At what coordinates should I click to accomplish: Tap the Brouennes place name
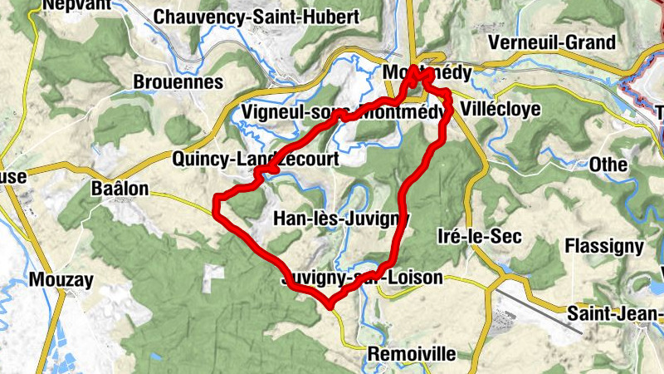pos(178,82)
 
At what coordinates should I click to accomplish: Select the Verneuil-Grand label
pos(564,42)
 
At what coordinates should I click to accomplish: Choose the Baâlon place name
pos(120,189)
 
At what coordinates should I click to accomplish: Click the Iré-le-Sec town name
pos(479,237)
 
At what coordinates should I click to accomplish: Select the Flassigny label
pos(603,246)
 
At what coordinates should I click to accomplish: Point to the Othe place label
pos(608,165)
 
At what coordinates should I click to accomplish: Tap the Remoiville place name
pos(412,354)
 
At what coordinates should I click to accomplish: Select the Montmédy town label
pos(427,73)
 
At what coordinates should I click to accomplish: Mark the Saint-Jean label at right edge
pos(615,313)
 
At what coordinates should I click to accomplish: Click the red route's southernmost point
pos(330,306)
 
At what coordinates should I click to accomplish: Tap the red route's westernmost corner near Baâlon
pos(216,199)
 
